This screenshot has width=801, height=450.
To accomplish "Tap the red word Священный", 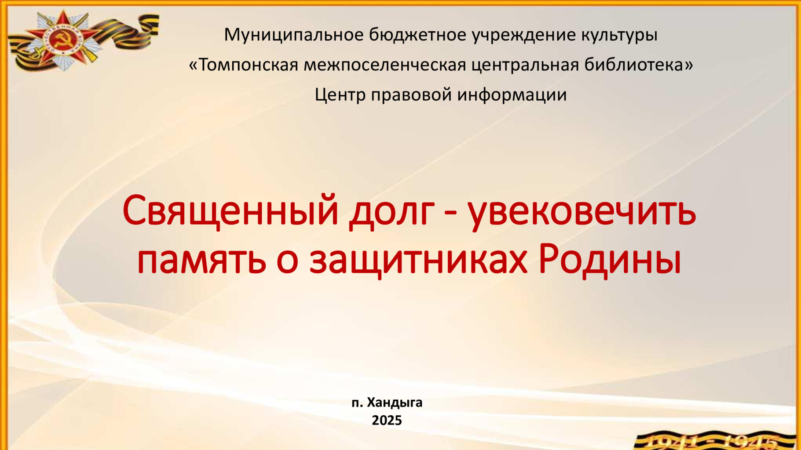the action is point(231,210).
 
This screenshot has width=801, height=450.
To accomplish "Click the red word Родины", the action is point(610,260).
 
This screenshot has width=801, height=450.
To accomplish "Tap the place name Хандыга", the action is point(395,403).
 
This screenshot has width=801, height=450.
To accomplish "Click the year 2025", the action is point(387,421).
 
